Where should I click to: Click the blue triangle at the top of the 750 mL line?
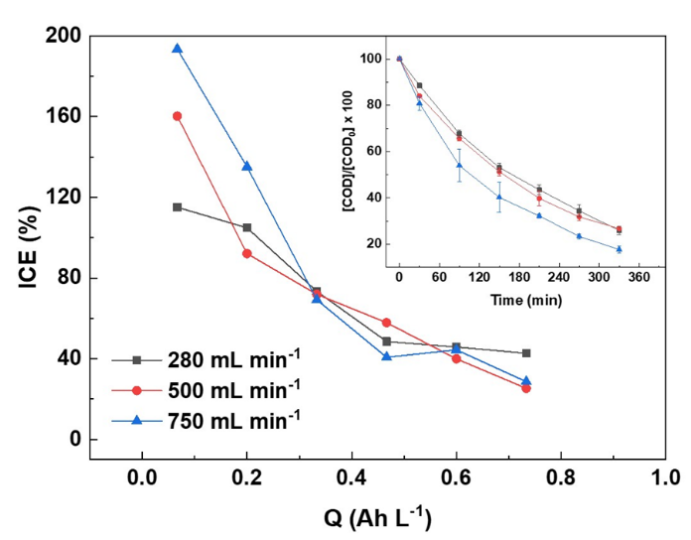177,49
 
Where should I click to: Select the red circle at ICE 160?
177,116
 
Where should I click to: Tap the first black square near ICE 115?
177,206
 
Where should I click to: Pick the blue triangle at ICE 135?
246,167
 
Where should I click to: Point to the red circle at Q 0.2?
246,253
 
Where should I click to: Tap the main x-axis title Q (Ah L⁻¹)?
376,518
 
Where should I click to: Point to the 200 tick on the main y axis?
63,36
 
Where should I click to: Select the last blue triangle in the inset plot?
619,249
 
